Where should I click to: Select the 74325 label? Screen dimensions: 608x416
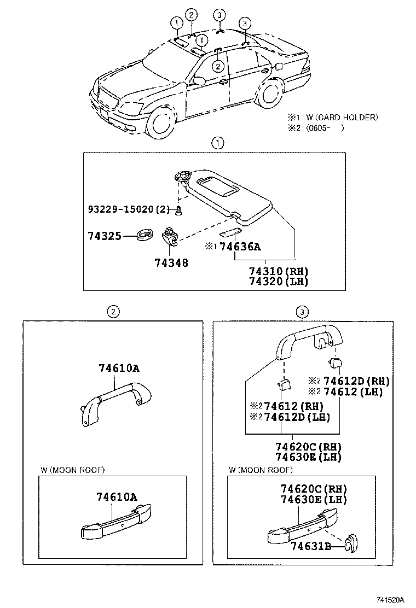pos(104,236)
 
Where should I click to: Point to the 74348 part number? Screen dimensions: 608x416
pos(171,262)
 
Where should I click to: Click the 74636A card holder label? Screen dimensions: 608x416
pos(240,247)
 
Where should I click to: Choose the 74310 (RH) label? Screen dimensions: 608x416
pos(279,272)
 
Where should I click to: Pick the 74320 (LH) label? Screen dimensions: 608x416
pos(279,282)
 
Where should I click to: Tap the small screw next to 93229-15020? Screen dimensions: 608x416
pos(179,211)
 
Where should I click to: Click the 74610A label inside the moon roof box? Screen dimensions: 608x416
pos(117,497)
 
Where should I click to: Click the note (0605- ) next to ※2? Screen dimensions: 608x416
pos(325,128)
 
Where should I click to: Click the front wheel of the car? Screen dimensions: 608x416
pos(161,121)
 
